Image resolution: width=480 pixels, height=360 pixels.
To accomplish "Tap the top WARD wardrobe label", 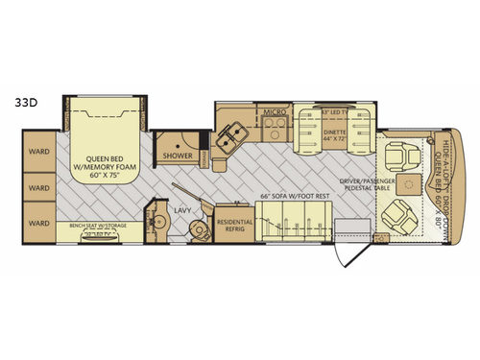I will pos(38,151).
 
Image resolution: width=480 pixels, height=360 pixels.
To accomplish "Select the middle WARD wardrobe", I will pos(38,187).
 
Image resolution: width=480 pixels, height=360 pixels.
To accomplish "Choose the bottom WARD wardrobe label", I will pos(38,222).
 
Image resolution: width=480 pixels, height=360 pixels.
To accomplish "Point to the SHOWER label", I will pos(178,155).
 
